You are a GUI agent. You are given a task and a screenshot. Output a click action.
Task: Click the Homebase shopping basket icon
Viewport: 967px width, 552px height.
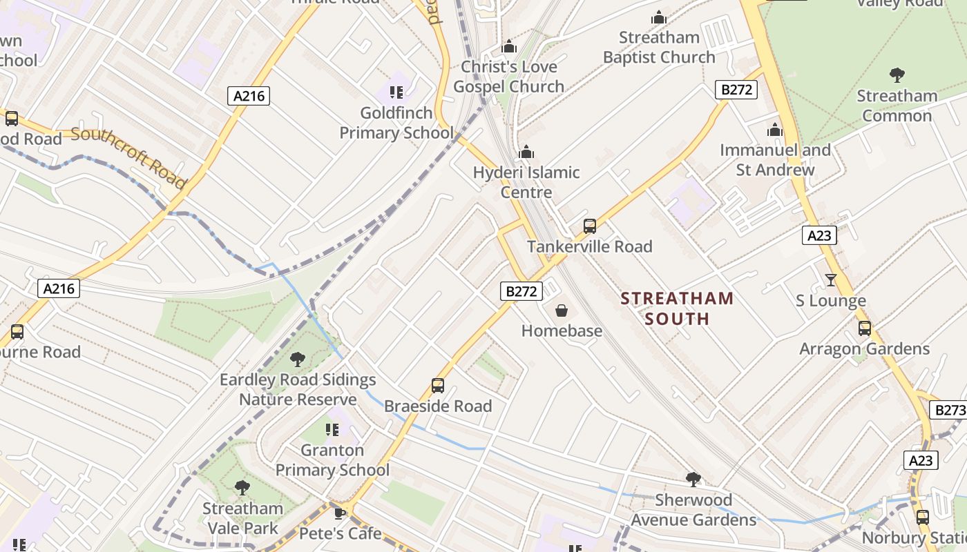[x=561, y=311]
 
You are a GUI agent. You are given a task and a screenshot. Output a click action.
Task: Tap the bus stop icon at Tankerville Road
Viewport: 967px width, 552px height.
[x=589, y=226]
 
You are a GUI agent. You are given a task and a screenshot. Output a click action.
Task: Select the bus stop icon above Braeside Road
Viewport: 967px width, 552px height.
[x=437, y=386]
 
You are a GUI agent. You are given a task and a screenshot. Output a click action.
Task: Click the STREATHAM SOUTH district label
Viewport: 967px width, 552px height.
[x=676, y=308]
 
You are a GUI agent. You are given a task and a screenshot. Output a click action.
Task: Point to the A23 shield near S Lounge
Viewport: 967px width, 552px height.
[x=819, y=235]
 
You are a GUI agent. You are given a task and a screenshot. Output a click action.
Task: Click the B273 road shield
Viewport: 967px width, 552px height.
[x=948, y=411]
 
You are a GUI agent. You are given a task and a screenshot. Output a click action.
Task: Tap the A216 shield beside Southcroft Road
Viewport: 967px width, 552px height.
[x=249, y=96]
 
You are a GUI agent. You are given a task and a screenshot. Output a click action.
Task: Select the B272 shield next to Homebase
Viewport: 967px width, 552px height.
[x=521, y=291]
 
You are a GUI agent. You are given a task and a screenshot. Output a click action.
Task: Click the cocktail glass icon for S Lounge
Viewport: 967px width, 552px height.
[x=830, y=280]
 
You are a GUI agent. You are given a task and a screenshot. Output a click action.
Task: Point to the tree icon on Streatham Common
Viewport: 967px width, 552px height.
[x=897, y=75]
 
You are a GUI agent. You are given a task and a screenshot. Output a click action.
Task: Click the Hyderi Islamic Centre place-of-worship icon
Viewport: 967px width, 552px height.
[x=526, y=152]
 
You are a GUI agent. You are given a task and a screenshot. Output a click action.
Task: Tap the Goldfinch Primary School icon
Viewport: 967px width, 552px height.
[x=396, y=92]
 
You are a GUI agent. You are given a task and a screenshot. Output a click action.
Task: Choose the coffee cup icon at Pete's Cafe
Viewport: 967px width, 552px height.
[x=339, y=513]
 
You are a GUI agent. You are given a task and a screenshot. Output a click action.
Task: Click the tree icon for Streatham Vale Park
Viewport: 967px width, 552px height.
[x=242, y=488]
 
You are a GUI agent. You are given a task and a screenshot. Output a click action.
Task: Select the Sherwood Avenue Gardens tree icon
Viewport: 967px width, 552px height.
[x=693, y=479]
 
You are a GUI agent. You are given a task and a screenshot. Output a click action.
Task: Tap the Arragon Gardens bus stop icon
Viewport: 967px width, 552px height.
[x=864, y=328]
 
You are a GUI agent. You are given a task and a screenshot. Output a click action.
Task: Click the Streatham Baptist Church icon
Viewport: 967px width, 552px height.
[x=659, y=17]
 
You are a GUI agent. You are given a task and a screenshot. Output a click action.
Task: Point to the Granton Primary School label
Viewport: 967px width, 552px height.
[x=333, y=460]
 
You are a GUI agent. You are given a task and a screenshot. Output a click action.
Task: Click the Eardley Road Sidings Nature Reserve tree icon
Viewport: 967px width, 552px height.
[x=298, y=359]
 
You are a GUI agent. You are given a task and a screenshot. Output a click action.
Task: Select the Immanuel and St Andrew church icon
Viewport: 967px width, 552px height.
[x=775, y=130]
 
